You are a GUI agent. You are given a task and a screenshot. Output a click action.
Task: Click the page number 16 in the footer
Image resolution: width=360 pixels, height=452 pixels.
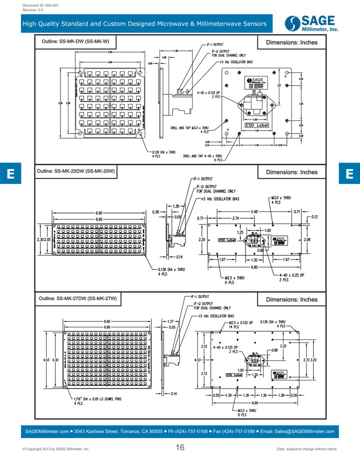point(180,447)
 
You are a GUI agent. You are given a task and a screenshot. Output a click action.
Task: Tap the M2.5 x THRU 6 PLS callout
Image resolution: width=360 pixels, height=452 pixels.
point(233,280)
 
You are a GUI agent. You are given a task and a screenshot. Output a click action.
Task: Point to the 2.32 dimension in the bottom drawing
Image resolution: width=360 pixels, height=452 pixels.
point(283,346)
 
